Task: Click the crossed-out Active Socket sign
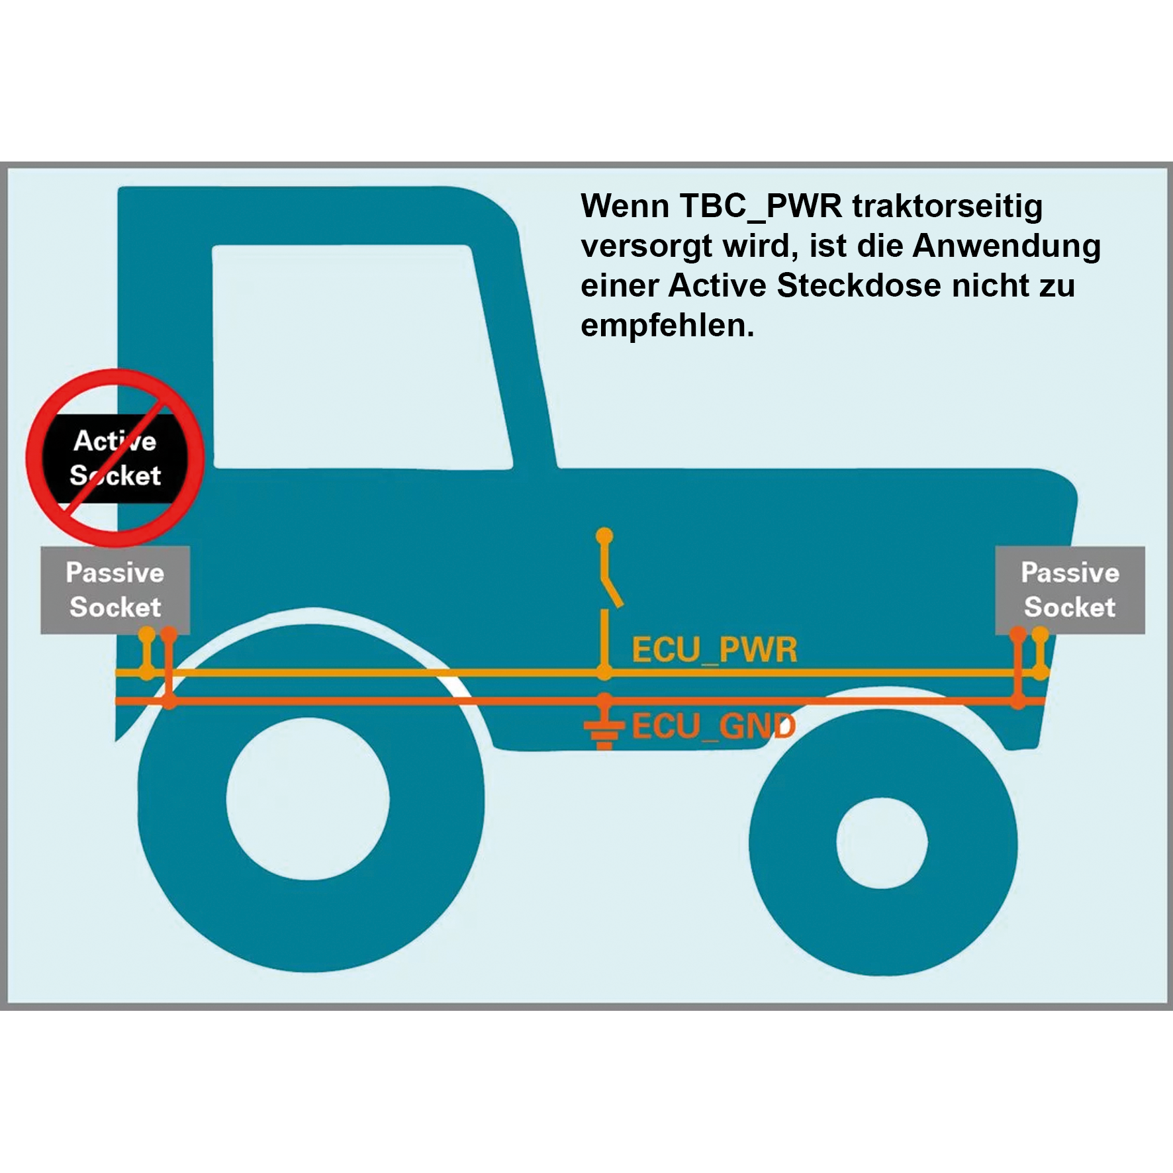(x=115, y=458)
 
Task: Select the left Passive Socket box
(x=115, y=590)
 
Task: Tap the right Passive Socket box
(x=1070, y=590)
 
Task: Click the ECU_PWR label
(x=714, y=649)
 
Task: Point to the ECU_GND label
(x=714, y=726)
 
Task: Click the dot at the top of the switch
(x=604, y=536)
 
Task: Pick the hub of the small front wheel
(x=882, y=843)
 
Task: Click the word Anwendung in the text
(x=1006, y=246)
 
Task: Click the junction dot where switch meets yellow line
(x=604, y=673)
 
